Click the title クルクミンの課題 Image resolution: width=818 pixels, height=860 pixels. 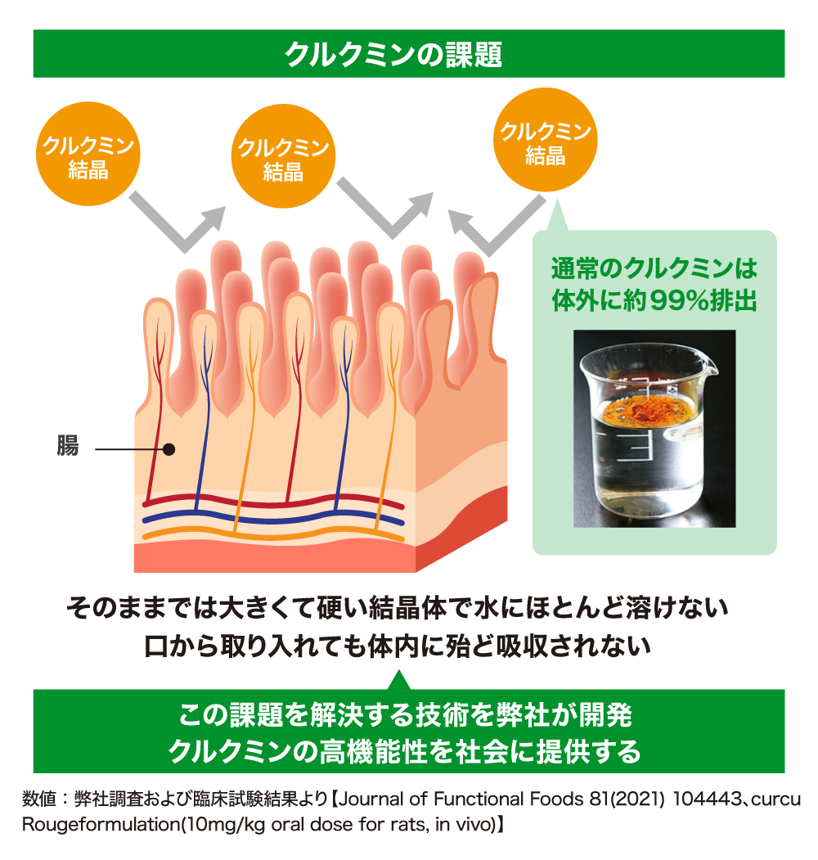click(x=393, y=54)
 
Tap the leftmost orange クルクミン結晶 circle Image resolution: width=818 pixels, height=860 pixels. click(x=88, y=154)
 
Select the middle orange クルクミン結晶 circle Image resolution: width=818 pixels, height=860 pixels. click(x=284, y=156)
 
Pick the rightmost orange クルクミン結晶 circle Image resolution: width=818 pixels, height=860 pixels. click(x=546, y=140)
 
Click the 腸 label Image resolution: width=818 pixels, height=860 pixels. click(x=67, y=445)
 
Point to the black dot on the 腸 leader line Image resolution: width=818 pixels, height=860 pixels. click(x=169, y=450)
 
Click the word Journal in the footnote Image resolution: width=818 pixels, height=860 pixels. click(x=372, y=799)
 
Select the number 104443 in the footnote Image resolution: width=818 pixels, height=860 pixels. click(x=707, y=799)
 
